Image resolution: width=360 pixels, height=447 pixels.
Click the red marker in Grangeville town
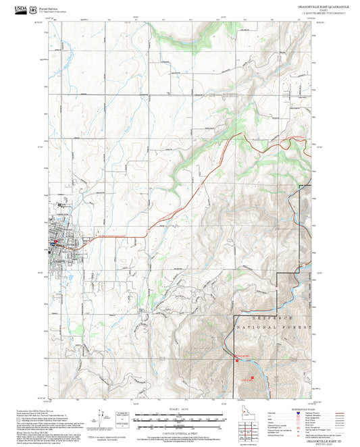(x=57, y=241)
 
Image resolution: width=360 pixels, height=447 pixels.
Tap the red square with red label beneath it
(x=253, y=377)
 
